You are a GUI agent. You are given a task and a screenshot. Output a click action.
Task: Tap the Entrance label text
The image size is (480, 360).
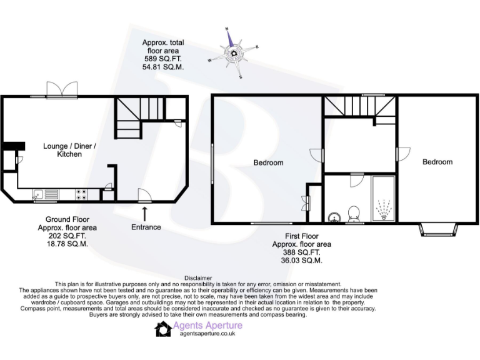(145, 227)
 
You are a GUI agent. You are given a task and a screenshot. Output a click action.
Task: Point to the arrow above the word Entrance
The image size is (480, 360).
(145, 212)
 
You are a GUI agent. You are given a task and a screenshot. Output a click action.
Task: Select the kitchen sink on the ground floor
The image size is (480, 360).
(44, 194)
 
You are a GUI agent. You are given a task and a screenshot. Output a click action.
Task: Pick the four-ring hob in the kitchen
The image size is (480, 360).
(81, 194)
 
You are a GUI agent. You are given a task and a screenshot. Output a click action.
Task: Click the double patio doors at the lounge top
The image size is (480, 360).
(62, 91)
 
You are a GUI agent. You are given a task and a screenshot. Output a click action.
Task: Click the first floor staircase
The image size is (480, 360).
(360, 108)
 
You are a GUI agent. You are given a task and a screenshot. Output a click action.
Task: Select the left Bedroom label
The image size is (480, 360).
(268, 163)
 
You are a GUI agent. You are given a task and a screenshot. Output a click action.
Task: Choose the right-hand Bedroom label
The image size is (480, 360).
(437, 162)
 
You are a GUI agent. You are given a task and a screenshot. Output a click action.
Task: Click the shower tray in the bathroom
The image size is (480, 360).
(382, 200)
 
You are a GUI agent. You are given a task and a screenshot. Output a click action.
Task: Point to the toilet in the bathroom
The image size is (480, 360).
(354, 213)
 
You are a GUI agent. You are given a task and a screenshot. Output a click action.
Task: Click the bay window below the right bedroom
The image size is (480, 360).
(437, 229)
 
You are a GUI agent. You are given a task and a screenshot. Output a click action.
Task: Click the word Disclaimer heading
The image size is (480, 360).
(199, 277)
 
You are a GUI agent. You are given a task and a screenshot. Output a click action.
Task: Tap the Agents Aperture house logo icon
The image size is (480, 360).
(164, 329)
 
